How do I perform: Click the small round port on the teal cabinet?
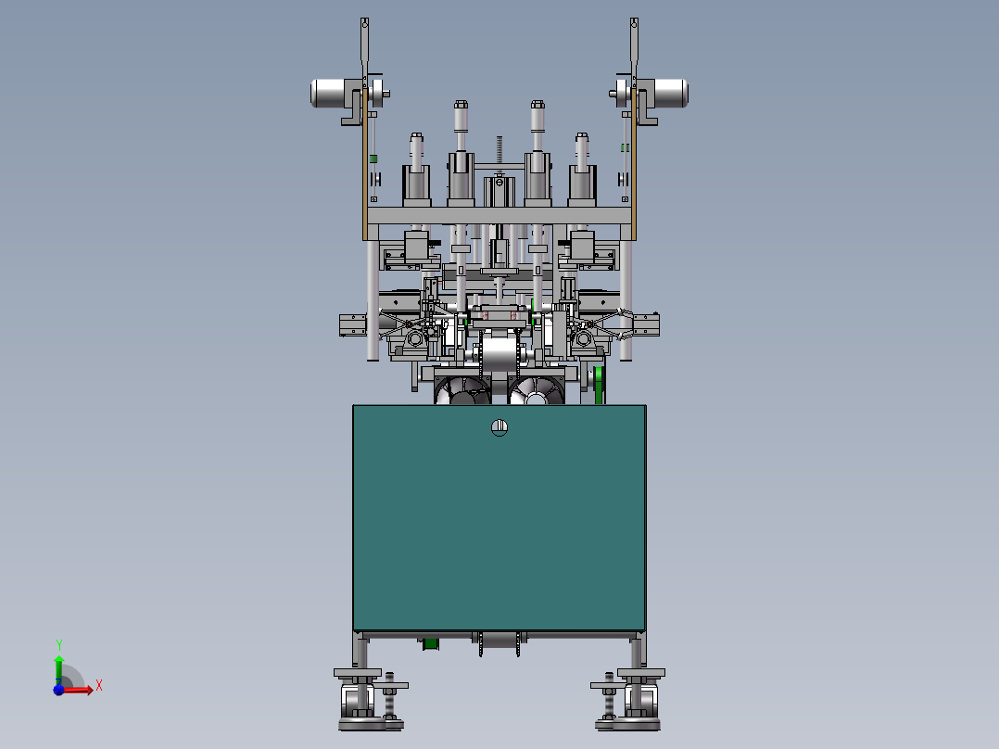tap(499, 427)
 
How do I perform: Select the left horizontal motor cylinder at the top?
tap(329, 93)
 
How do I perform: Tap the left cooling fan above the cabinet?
tap(462, 390)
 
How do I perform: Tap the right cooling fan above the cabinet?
tap(537, 390)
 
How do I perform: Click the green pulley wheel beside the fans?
tap(599, 385)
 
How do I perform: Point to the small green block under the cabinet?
tap(431, 644)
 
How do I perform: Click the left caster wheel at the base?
tap(357, 701)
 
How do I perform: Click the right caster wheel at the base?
tap(641, 701)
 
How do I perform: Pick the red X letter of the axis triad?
tap(99, 686)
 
